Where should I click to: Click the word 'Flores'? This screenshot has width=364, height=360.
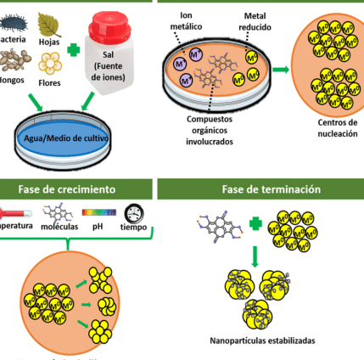tap(49, 82)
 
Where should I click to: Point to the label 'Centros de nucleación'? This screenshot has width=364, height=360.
tap(338, 128)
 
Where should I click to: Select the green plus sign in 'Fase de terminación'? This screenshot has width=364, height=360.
tap(256, 224)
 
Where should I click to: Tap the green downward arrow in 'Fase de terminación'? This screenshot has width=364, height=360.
tap(255, 256)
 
